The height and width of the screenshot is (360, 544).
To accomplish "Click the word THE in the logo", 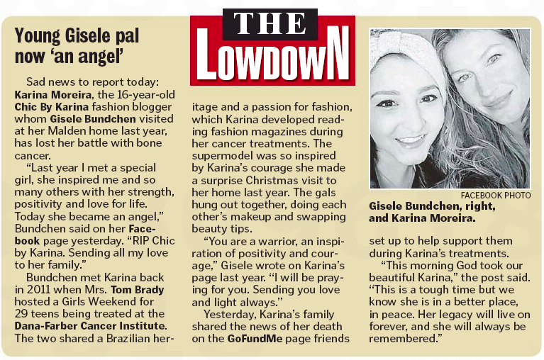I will (x=272, y=24).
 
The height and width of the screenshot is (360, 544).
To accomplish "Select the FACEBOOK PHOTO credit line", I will (x=495, y=194).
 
